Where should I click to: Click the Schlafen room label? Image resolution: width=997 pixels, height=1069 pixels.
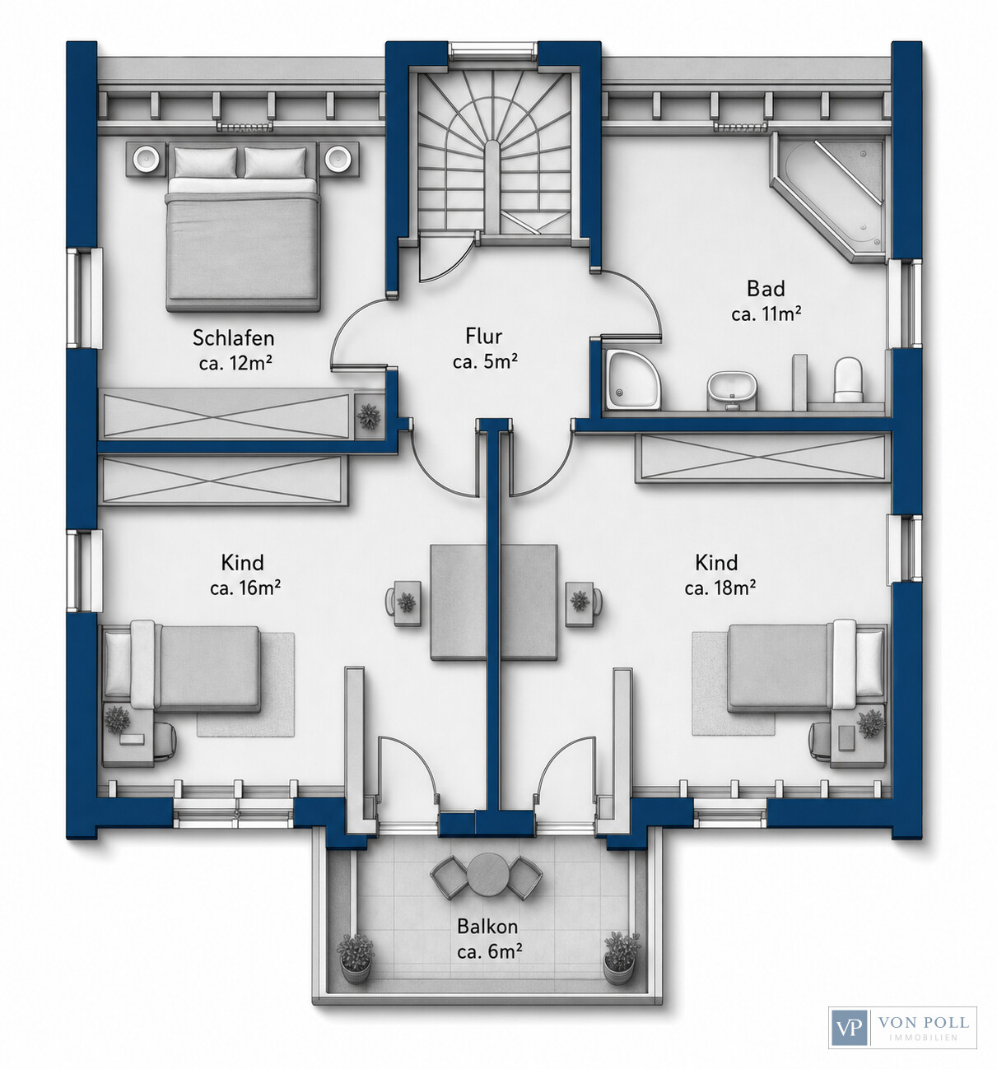tap(234, 338)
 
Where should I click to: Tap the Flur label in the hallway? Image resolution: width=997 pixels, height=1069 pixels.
tap(484, 337)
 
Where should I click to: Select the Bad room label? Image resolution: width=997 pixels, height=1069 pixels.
tap(766, 289)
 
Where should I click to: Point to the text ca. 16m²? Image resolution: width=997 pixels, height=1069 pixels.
tap(245, 588)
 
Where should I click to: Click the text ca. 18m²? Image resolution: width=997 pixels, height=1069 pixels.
tap(720, 588)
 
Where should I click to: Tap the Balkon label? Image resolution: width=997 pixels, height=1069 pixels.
tap(487, 927)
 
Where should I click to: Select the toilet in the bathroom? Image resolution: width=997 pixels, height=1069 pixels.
tap(848, 379)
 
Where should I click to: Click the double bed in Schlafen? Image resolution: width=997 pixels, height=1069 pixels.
tap(241, 227)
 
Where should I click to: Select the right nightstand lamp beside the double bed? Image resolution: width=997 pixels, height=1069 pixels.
tap(339, 158)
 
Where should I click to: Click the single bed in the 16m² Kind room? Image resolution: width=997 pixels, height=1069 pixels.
tap(183, 668)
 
